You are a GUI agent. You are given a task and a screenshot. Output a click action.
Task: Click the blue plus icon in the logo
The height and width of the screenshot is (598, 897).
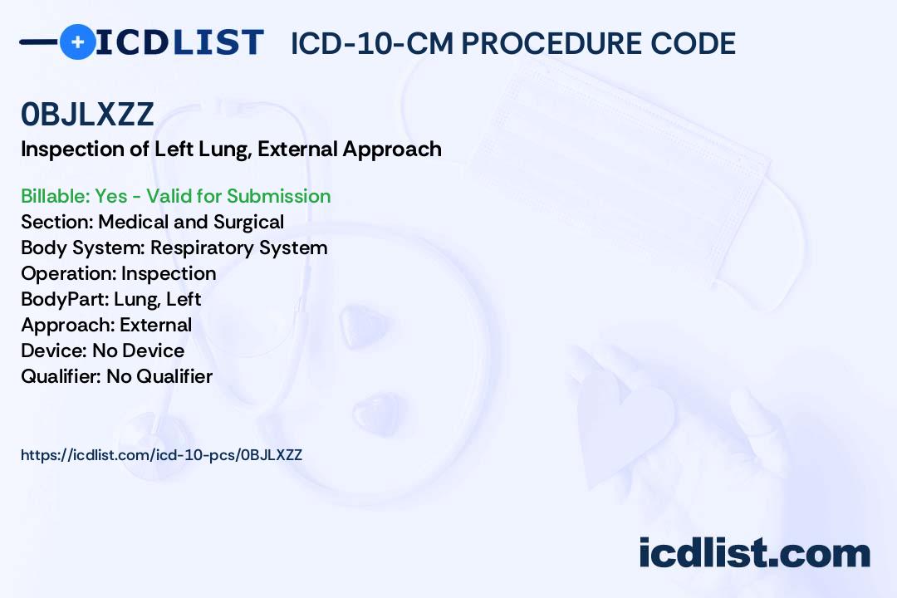[x=77, y=42]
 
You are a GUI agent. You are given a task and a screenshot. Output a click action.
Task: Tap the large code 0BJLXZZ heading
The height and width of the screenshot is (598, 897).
[x=87, y=114]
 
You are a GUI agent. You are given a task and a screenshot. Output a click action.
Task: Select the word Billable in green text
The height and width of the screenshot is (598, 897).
[x=54, y=196]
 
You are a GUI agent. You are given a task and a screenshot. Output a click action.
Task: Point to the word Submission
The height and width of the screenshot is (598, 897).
[x=278, y=196]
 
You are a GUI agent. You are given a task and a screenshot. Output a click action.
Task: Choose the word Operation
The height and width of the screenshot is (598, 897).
[x=68, y=273]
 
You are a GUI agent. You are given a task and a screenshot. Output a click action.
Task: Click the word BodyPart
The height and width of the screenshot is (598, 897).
[x=65, y=299]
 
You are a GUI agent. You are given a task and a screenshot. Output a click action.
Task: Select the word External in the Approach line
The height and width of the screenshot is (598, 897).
[x=155, y=325]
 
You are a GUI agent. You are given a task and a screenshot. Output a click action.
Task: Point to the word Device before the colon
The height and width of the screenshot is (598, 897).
[x=54, y=350]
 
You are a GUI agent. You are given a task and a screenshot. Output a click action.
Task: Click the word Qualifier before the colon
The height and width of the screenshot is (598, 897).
[x=61, y=376]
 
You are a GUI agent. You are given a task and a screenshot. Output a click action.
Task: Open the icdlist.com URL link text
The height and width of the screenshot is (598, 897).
[x=161, y=455]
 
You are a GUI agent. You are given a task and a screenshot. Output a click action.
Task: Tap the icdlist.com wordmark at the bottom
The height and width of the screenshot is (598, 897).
[x=754, y=552]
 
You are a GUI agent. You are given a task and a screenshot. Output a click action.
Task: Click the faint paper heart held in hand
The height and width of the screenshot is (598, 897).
[x=626, y=424]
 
